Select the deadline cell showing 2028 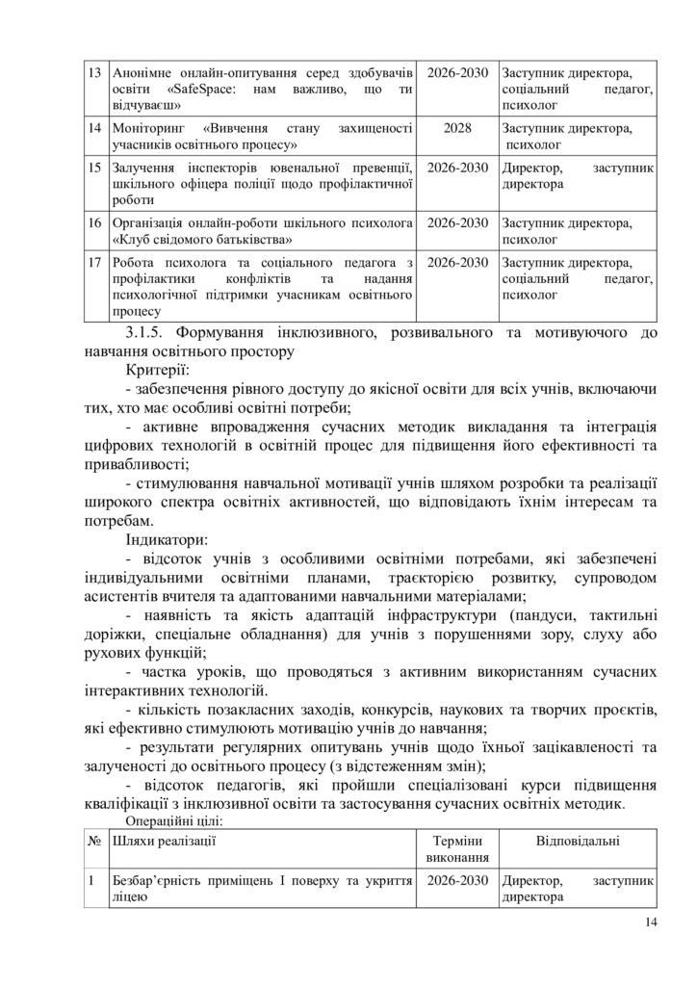click(457, 128)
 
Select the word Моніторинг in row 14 click(153, 128)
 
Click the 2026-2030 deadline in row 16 click(457, 222)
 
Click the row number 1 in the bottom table click(91, 881)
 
